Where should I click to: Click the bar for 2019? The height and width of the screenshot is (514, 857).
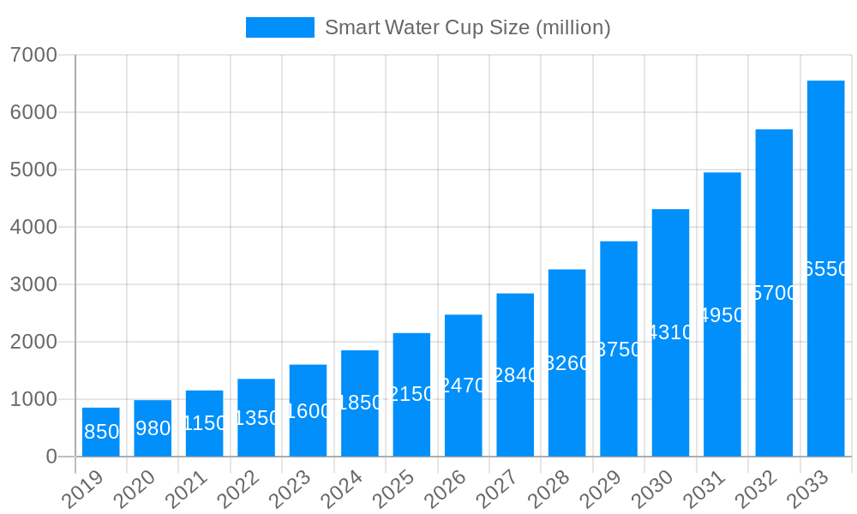101,432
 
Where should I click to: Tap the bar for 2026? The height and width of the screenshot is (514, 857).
463,385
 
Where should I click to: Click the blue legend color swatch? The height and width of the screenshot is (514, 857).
279,27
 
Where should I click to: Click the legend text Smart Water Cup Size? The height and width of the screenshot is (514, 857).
467,27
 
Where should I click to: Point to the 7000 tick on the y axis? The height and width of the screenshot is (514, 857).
33,55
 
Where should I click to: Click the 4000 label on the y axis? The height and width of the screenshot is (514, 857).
33,227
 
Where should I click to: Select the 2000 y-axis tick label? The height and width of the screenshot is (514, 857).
33,342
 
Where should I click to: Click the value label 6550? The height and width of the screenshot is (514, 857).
825,269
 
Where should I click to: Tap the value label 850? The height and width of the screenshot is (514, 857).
101,432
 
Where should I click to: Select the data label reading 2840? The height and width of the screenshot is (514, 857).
515,375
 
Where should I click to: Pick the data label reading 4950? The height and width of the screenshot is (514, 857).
722,315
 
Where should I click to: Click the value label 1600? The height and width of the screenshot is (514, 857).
308,411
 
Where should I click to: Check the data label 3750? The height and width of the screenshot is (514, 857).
618,350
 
